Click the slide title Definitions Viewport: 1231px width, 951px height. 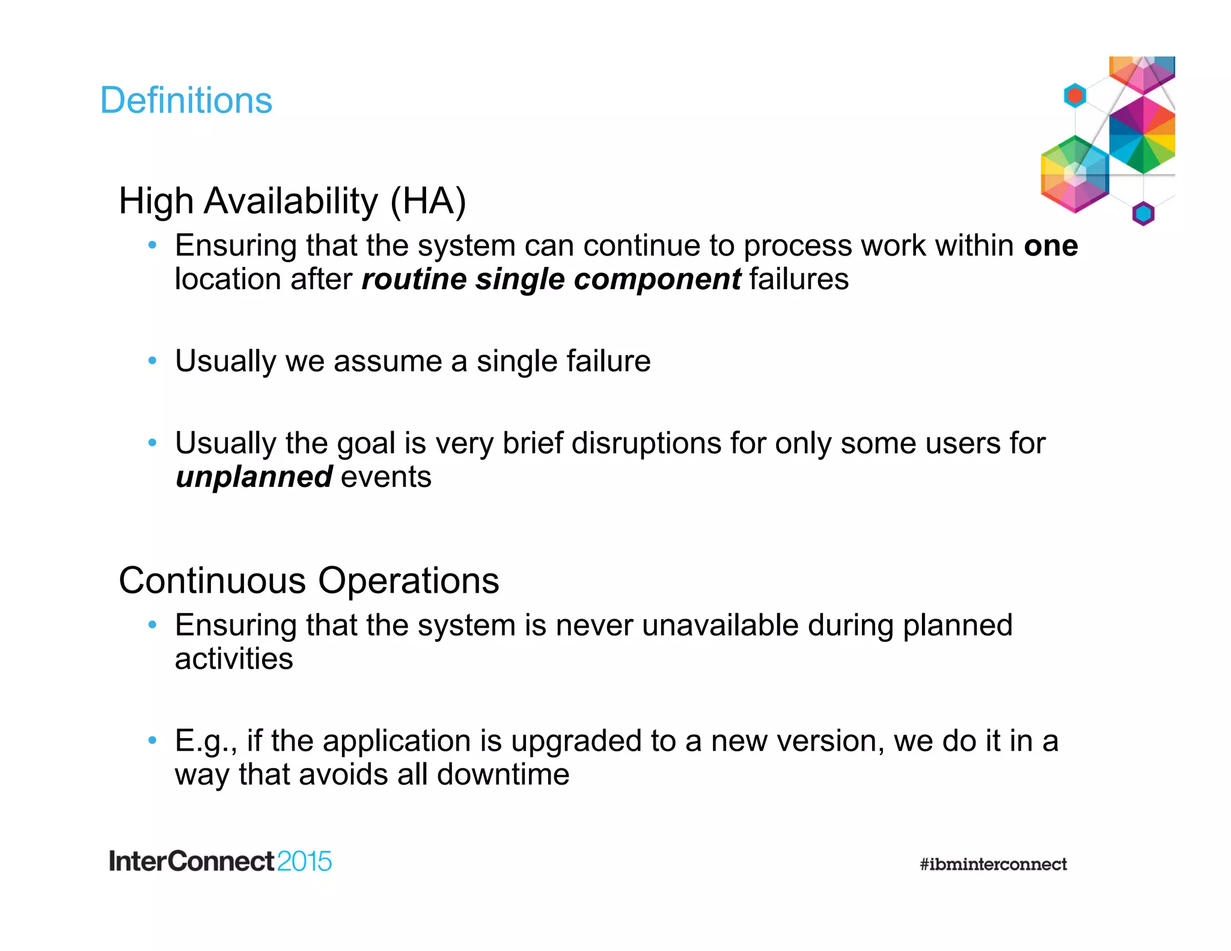click(186, 100)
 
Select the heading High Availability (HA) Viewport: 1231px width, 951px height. click(292, 201)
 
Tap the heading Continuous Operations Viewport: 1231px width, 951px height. click(309, 581)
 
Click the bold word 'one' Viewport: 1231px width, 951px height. click(1051, 246)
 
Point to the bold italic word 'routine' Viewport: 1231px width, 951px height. click(414, 280)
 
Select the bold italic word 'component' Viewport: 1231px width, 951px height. click(657, 280)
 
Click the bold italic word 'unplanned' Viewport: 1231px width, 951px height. click(254, 477)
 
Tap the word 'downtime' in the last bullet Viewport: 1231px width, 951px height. click(503, 774)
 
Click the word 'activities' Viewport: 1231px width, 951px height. click(234, 659)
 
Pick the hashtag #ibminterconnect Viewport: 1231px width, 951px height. click(993, 864)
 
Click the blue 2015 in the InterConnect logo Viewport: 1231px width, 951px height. click(304, 861)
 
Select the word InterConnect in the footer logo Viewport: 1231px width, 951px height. click(192, 861)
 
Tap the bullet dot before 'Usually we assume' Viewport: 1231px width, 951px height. click(153, 361)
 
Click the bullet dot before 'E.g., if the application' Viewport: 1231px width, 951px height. click(153, 740)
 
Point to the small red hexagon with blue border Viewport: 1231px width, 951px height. click(1075, 96)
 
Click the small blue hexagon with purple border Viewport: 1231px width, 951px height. click(1143, 213)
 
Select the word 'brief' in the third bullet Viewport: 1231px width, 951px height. click(533, 444)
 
